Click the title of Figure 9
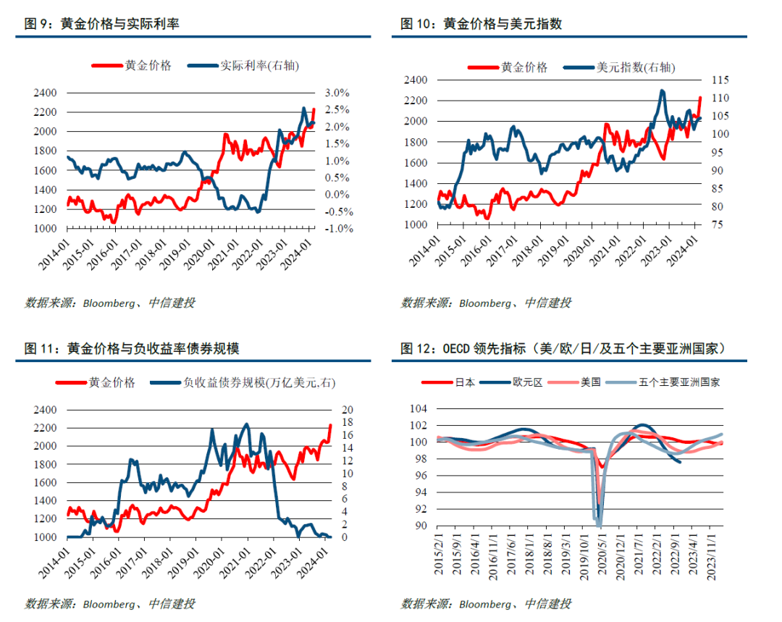[102, 24]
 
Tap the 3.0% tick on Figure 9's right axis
[337, 93]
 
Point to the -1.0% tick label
[337, 229]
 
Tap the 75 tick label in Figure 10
[715, 225]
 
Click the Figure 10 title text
[482, 24]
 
